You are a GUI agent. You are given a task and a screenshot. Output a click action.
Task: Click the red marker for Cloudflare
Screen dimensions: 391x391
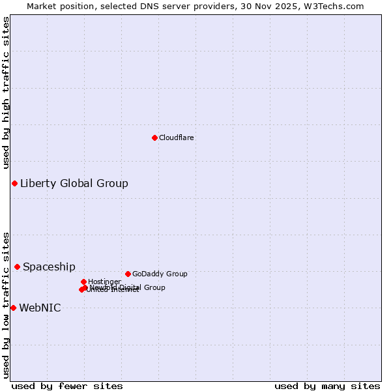pos(154,138)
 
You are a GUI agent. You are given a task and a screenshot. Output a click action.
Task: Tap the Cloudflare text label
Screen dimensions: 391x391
pos(177,138)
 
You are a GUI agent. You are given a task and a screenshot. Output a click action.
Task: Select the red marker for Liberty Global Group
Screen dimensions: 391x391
pos(14,183)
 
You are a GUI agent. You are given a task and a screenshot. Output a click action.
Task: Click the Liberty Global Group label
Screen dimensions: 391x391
pos(74,183)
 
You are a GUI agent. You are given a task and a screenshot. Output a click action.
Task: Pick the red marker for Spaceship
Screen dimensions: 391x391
pos(17,267)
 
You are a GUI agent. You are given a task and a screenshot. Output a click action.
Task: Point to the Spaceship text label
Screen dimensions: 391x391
pos(49,267)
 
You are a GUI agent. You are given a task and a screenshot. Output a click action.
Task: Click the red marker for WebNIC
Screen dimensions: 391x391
pos(13,308)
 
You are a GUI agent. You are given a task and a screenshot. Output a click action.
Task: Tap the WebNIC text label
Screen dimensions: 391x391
pos(40,308)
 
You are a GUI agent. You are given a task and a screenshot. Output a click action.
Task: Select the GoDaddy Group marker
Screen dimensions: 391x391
pos(128,274)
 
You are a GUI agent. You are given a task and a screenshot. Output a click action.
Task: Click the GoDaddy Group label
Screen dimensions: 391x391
pos(160,274)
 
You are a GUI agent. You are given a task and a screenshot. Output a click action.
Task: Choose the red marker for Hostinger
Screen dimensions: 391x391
pos(83,282)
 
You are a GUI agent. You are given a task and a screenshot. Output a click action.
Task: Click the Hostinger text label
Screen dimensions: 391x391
pos(104,282)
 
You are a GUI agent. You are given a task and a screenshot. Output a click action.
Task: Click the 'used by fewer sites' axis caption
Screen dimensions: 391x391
pos(67,386)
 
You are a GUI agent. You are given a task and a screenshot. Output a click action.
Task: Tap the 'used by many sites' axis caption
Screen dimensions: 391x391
pos(327,386)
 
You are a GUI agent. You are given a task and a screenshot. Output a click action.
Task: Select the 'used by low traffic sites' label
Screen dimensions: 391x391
pos(6,304)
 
